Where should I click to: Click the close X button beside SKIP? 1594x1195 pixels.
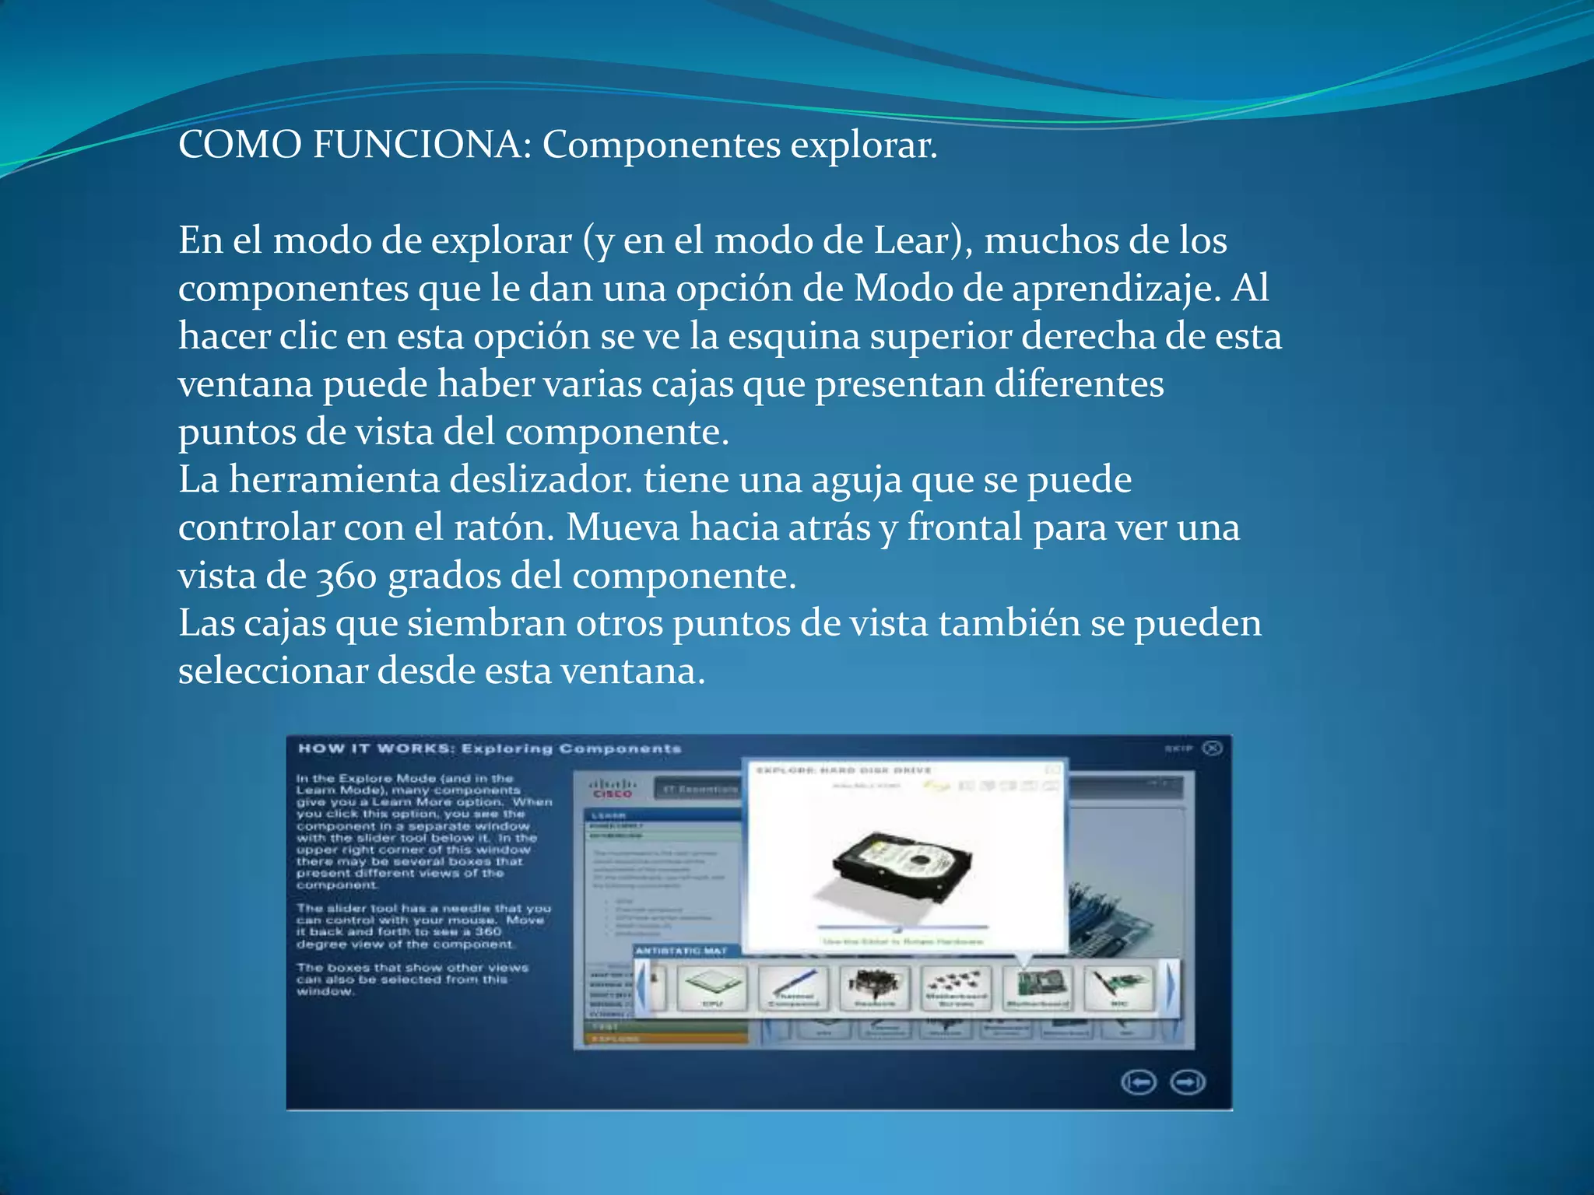1212,748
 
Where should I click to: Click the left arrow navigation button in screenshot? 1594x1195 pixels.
1139,1082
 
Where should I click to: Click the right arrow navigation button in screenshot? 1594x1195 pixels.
1188,1082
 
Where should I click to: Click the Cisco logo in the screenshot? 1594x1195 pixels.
612,788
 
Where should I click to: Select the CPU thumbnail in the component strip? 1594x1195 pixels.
712,987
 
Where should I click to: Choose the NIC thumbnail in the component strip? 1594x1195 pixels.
1118,987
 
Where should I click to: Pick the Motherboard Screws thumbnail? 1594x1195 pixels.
956,987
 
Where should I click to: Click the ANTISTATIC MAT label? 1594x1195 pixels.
681,951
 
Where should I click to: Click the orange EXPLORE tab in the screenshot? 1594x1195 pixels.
615,1039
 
